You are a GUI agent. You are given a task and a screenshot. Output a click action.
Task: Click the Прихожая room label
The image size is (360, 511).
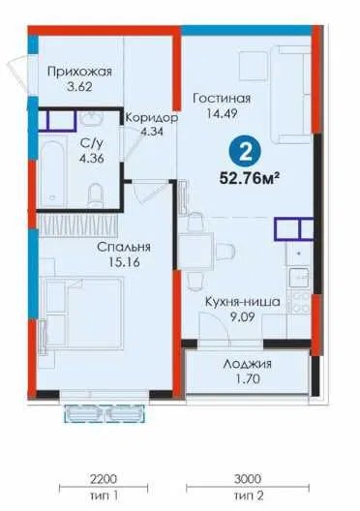[x=79, y=72]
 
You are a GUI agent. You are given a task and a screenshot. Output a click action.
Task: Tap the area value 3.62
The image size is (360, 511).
[x=79, y=87]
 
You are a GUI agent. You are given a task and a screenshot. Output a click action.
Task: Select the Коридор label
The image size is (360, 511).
[x=152, y=117]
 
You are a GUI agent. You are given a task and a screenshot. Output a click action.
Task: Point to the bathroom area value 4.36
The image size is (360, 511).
[x=92, y=159]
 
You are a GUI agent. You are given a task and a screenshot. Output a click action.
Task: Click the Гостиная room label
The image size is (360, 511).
[x=222, y=99]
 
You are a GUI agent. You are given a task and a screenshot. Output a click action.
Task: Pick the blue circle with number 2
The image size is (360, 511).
[x=245, y=152]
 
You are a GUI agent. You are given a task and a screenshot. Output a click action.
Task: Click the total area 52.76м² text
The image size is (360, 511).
[x=250, y=178]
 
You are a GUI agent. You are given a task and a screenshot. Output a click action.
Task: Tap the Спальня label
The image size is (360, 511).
[x=124, y=247]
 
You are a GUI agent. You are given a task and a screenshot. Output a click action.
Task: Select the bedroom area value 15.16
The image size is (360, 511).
[x=124, y=262]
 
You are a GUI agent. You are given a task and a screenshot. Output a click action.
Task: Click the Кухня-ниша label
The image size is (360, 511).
[x=242, y=302]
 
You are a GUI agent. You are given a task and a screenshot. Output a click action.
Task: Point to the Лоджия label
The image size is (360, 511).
[x=248, y=364]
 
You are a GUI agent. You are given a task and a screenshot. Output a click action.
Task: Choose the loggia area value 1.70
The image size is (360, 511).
[x=248, y=379]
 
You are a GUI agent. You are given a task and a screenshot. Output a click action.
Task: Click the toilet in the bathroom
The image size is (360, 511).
[x=95, y=195]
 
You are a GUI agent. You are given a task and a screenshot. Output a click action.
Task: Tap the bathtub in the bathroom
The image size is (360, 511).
[x=52, y=170]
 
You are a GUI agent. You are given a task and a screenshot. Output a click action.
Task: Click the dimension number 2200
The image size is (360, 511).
[x=103, y=479]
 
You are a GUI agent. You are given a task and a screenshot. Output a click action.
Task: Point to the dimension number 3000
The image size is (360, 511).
[x=248, y=479]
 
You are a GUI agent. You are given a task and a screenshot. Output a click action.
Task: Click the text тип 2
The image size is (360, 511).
[x=249, y=496]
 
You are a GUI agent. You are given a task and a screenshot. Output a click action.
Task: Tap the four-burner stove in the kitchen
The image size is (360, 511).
[x=301, y=303]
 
